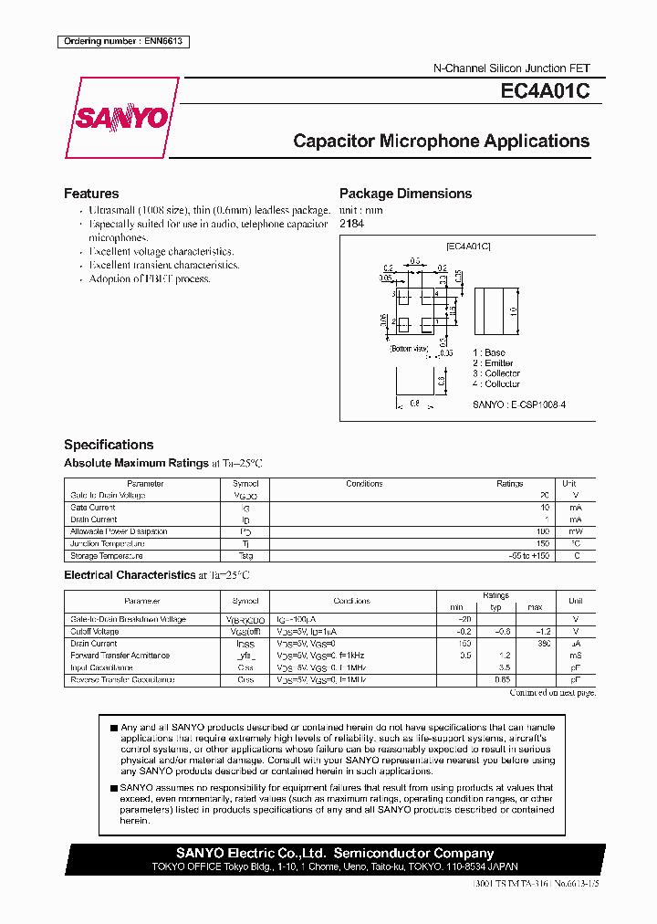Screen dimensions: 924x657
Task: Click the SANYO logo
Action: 120,118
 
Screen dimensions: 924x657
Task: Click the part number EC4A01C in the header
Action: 545,91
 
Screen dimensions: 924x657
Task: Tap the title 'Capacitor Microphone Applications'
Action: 441,142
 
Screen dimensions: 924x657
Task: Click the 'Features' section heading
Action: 91,194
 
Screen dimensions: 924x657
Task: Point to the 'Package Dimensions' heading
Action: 405,194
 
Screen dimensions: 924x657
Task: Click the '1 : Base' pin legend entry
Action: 488,352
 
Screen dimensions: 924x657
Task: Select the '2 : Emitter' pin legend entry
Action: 493,363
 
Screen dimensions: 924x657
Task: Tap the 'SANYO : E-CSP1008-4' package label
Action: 518,404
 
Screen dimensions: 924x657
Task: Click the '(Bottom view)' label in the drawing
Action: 409,349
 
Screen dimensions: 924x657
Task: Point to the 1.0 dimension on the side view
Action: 514,311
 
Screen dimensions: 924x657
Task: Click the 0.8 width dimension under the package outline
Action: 413,403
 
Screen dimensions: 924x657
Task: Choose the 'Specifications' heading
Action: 109,445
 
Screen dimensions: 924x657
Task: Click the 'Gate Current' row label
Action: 93,507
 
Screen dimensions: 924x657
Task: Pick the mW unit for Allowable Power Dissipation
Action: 575,531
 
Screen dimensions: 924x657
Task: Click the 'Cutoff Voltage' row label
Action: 95,631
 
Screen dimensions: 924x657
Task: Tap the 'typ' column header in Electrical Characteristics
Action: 496,607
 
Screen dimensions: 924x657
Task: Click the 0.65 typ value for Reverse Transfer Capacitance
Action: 501,679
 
